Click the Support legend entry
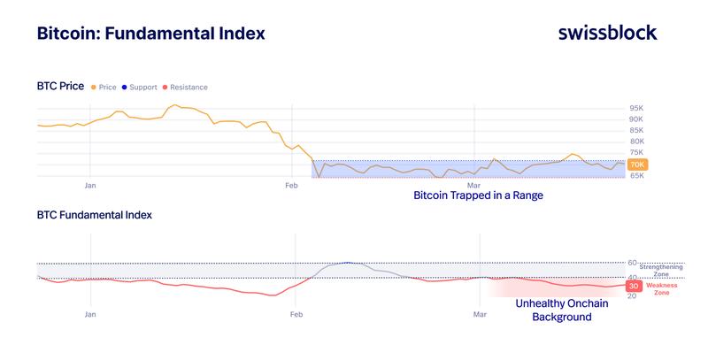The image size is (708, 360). pyautogui.click(x=141, y=87)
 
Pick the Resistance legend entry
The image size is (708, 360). pyautogui.click(x=186, y=87)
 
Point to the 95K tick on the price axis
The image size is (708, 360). pyautogui.click(x=635, y=108)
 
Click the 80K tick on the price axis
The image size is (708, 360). pyautogui.click(x=635, y=142)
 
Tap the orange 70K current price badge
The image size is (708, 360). pyautogui.click(x=637, y=165)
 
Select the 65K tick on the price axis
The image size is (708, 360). pyautogui.click(x=635, y=176)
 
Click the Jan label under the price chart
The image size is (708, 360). pyautogui.click(x=89, y=187)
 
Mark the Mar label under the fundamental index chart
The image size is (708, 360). pyautogui.click(x=479, y=314)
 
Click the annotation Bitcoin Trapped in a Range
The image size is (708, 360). pyautogui.click(x=478, y=195)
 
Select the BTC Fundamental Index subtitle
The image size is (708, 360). pyautogui.click(x=94, y=215)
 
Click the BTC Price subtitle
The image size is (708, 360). pyautogui.click(x=60, y=86)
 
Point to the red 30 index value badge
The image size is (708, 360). pyautogui.click(x=634, y=286)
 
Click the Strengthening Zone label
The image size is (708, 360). pyautogui.click(x=660, y=270)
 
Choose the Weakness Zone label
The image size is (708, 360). pyautogui.click(x=662, y=288)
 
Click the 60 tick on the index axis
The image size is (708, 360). pyautogui.click(x=632, y=263)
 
